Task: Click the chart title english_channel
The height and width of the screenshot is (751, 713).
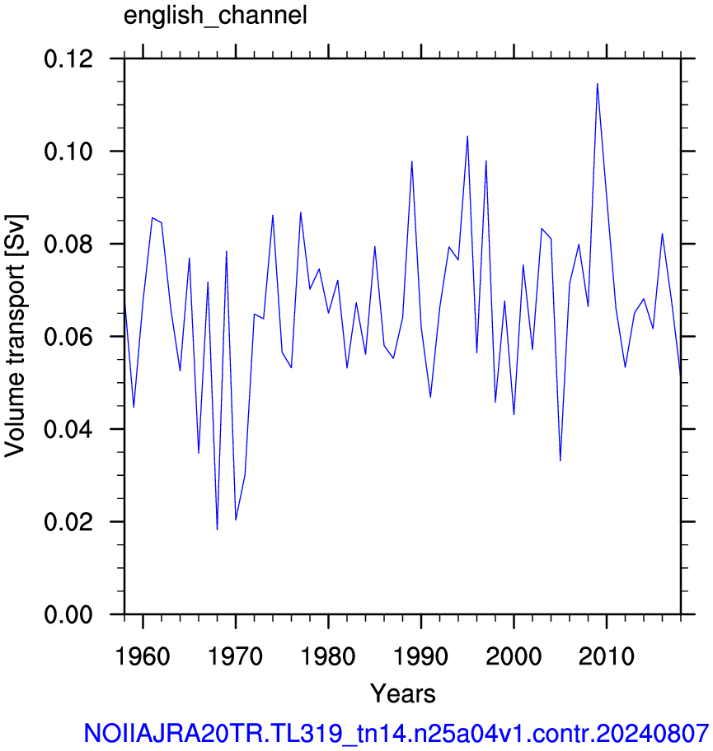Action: tap(215, 16)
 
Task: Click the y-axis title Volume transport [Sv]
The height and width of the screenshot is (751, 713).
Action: tap(15, 336)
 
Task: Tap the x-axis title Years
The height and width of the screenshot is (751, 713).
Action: tap(403, 693)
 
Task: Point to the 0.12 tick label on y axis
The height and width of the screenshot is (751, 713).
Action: tap(68, 59)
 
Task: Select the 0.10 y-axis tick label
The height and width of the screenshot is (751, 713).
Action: tap(68, 152)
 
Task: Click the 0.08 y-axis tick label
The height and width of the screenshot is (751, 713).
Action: tap(68, 245)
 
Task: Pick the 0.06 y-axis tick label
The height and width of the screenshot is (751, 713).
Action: tap(68, 337)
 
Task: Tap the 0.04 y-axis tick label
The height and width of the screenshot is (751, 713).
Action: tap(68, 429)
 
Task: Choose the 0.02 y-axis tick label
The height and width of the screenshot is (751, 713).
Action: tap(68, 521)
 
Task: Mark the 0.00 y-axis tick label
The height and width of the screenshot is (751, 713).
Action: tap(68, 614)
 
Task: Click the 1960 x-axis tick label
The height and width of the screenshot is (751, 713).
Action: tap(143, 656)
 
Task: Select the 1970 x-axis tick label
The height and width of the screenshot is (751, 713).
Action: tap(236, 656)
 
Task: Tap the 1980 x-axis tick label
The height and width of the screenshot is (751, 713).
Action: tap(328, 656)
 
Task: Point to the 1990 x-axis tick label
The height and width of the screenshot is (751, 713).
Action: tap(421, 656)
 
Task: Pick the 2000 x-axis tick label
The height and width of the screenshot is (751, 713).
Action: tap(514, 656)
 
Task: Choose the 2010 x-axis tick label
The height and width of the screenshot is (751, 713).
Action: tap(607, 656)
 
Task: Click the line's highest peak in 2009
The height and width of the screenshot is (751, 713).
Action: tap(598, 84)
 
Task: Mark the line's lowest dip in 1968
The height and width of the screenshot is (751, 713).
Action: tap(218, 529)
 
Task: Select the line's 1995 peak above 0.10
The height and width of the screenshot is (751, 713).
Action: tap(467, 136)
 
